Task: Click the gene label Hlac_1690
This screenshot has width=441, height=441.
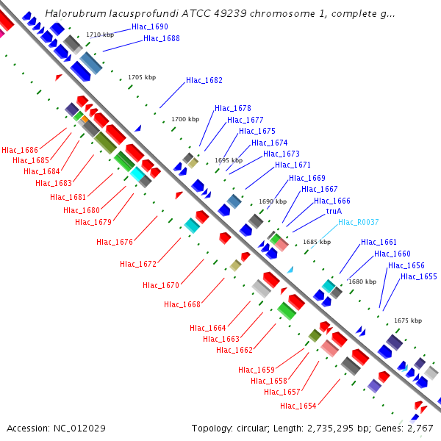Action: (x=150, y=26)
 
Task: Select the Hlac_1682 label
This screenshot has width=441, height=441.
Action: (x=204, y=80)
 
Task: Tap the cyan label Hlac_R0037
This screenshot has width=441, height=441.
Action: (x=359, y=222)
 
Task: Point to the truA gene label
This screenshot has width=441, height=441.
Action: (x=334, y=211)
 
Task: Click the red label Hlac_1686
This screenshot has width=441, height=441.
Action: (x=20, y=150)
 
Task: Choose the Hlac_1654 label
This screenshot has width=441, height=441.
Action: (x=298, y=406)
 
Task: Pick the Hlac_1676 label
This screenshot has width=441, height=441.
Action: (x=115, y=242)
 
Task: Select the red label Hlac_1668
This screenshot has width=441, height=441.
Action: (x=182, y=304)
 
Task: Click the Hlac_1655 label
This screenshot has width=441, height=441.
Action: (x=419, y=277)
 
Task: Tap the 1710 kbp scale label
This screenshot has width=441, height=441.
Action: (x=100, y=35)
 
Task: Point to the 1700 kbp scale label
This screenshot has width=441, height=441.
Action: (x=185, y=119)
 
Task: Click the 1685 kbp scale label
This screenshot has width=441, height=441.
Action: (x=317, y=242)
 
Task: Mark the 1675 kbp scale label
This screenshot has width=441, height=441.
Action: (x=408, y=320)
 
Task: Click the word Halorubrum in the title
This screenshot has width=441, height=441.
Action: (x=73, y=14)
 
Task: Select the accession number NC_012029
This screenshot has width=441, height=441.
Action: (x=80, y=428)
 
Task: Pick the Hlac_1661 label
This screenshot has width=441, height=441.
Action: (x=379, y=242)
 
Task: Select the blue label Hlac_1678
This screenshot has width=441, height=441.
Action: (x=233, y=108)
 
